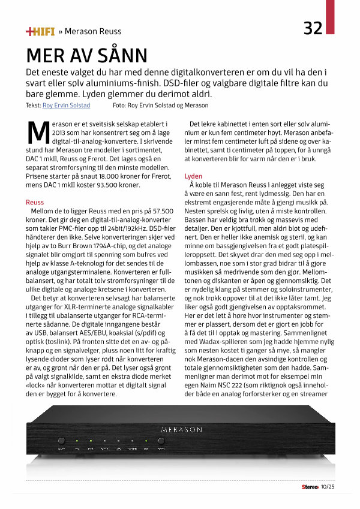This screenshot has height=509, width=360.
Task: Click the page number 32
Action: pos(313,28)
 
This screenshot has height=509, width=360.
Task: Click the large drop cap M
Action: pos(37,130)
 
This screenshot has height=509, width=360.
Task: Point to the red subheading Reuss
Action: pos(35,203)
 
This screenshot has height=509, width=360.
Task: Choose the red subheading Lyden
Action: pos(193,177)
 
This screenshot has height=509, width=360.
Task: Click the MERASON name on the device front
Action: pos(181,430)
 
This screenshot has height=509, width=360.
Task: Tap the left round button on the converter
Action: pos(62,441)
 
